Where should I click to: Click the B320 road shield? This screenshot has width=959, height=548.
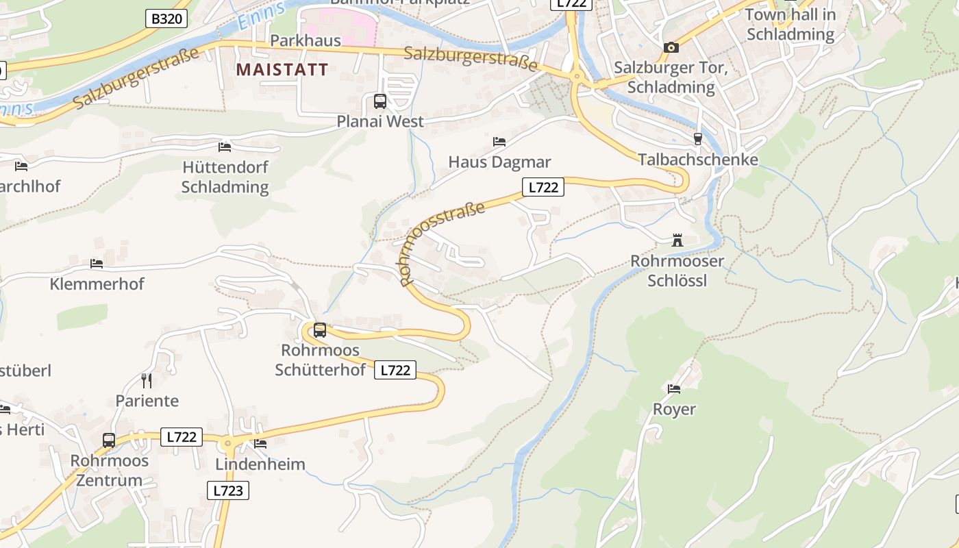point(166,18)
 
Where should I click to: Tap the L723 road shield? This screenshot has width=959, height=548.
point(227,490)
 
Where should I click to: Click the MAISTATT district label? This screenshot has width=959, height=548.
point(282,70)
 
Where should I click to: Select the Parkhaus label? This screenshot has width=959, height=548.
point(306,40)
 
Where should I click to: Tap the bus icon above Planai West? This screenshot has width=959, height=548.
point(380,101)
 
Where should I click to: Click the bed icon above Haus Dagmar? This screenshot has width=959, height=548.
point(499,142)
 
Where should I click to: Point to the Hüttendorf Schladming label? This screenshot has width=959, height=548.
point(225,177)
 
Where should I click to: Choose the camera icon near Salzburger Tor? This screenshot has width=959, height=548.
point(671,47)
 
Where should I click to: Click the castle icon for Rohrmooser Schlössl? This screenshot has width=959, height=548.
point(677,240)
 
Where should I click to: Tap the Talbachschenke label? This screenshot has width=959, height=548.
point(698,160)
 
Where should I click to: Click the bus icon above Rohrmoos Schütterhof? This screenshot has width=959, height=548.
point(320,330)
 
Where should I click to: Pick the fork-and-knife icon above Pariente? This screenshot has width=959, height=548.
point(147,380)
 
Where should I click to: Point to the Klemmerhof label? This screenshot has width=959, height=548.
point(97,284)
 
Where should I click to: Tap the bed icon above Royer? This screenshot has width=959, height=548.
point(674,389)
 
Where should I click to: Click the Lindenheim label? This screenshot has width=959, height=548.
point(260,464)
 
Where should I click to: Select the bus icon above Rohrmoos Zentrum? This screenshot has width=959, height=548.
point(109,440)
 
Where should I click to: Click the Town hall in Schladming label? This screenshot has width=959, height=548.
point(790,24)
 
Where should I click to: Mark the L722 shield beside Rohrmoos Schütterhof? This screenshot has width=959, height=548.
point(395,371)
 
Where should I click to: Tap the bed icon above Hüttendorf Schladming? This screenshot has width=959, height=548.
point(225,147)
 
